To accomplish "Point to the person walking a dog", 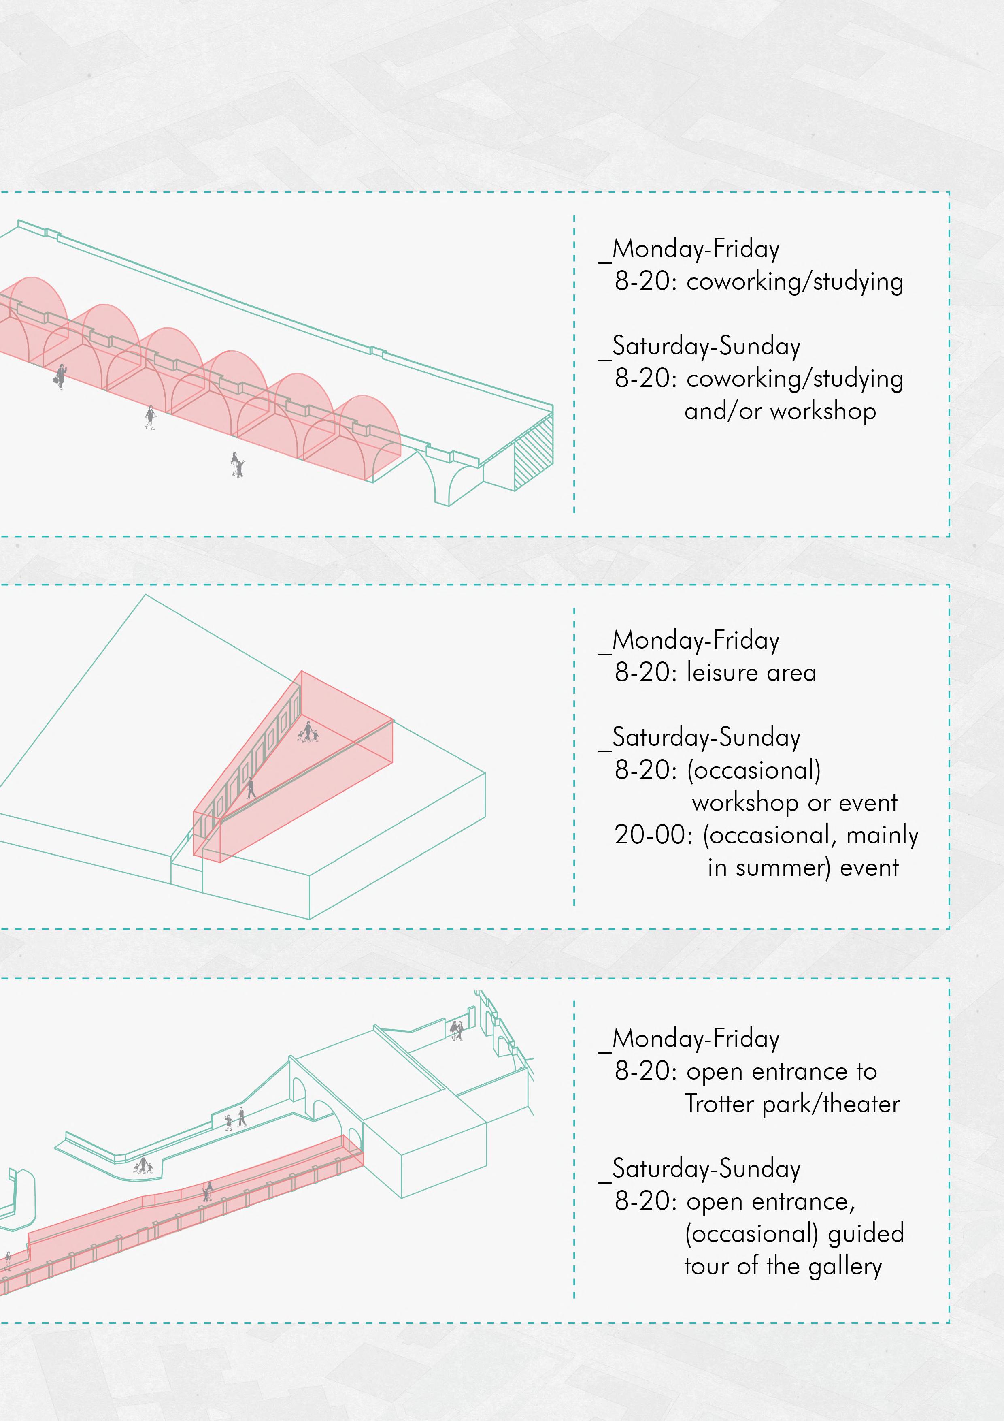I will (x=236, y=465).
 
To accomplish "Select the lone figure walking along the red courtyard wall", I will (x=251, y=789).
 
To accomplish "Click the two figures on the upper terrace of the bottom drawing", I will (x=457, y=1031).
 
